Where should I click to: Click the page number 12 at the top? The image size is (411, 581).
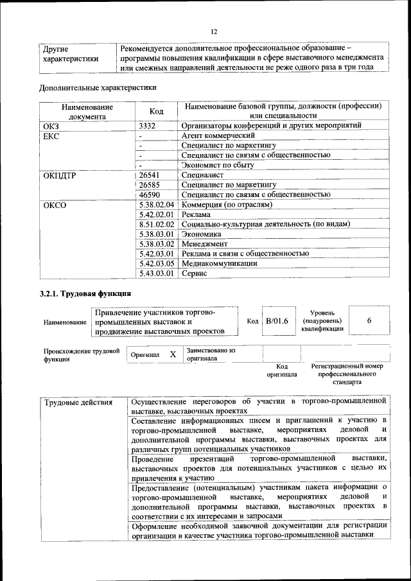point(214,31)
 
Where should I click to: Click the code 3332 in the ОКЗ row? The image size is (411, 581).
point(148,126)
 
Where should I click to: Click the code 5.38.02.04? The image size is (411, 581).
point(157,204)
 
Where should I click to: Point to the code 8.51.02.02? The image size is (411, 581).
point(157,224)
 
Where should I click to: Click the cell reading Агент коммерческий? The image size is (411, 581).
point(218,135)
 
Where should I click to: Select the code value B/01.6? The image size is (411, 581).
point(277,320)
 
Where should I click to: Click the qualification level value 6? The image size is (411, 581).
point(369,320)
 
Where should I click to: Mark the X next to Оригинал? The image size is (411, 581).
point(173,354)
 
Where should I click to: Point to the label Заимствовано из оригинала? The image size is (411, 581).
point(211,354)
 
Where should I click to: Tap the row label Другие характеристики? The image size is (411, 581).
point(71,54)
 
